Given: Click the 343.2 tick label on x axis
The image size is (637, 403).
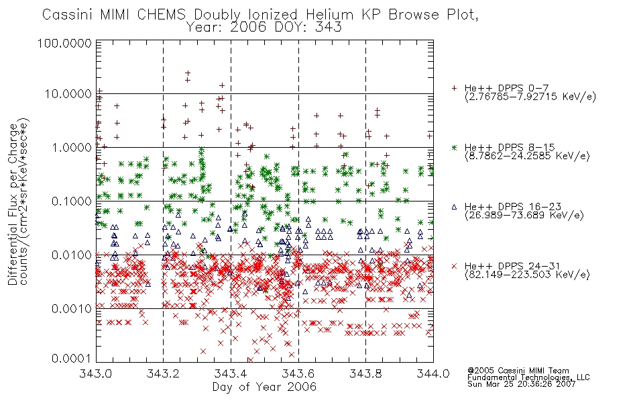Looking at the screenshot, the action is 164,373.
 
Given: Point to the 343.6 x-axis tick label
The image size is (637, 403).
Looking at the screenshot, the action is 298,373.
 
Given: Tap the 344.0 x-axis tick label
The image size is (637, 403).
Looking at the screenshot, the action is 433,373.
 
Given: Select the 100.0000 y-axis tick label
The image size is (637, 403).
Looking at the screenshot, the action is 64,43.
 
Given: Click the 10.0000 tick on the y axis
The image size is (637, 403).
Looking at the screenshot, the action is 68,94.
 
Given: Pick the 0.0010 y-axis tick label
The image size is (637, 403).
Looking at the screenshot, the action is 72,308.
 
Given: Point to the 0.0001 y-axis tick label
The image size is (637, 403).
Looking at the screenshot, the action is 72,358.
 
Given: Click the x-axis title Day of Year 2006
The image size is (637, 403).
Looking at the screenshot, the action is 264,387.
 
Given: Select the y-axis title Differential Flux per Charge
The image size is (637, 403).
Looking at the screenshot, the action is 13,204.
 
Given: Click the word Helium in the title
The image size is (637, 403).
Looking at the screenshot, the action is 329,15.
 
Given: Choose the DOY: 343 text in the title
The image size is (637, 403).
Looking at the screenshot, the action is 308,27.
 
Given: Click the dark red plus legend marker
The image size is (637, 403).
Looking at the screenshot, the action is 454,88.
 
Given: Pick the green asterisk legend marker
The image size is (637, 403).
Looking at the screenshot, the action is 454,147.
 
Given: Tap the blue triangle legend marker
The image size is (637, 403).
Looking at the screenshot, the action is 454,207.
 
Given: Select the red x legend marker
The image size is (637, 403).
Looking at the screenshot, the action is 454,266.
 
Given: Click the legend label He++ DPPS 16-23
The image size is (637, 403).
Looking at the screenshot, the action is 513,207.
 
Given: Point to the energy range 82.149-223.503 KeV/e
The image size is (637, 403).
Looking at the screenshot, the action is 527,275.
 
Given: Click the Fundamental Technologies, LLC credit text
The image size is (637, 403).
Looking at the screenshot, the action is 528,377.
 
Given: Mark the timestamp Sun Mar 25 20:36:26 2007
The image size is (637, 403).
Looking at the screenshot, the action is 521,384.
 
